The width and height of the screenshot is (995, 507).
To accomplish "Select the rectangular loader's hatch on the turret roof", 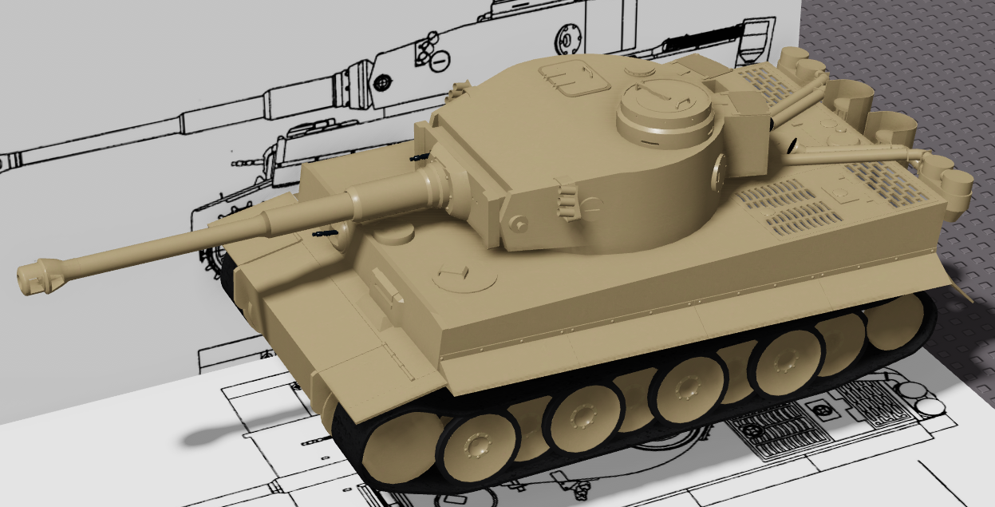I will (572, 77).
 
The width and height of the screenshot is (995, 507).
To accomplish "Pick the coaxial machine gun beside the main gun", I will (419, 158).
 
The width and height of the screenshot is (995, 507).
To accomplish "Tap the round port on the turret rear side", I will (721, 168).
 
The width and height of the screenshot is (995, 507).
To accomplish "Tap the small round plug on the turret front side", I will (519, 224).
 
